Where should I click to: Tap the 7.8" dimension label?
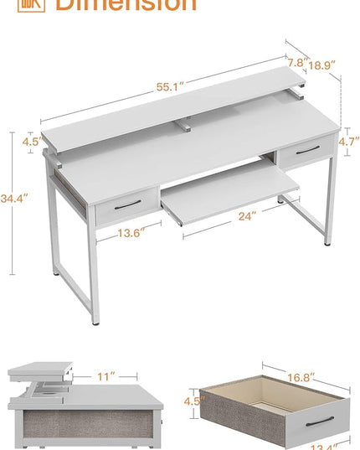[296, 62]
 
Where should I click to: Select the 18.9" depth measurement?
[321, 65]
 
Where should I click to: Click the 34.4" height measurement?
[13, 199]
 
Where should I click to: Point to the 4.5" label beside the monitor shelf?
[31, 142]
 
